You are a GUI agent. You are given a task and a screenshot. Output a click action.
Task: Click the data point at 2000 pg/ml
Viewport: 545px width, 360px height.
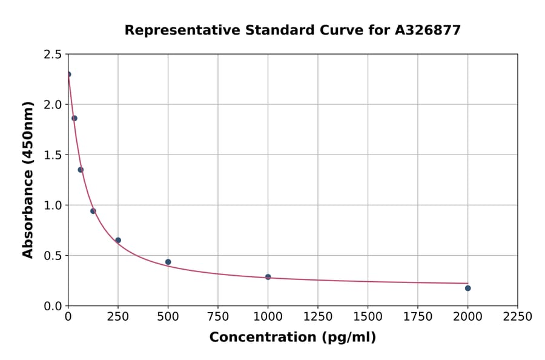tap(468, 288)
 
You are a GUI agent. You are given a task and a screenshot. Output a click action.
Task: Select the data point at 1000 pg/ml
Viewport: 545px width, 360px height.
tap(268, 277)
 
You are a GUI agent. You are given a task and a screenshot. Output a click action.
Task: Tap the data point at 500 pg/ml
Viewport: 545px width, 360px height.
tap(168, 262)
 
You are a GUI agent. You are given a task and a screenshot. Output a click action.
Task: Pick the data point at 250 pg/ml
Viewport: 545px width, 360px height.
tap(118, 240)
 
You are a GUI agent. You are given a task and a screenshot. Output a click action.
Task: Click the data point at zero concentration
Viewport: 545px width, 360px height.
tap(68, 75)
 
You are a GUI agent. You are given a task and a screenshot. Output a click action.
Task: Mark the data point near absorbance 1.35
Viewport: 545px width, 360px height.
tap(81, 170)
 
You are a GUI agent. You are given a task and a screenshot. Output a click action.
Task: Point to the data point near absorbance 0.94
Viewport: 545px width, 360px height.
tap(93, 211)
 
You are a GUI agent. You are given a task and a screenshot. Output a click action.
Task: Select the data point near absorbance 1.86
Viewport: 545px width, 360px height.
tap(74, 118)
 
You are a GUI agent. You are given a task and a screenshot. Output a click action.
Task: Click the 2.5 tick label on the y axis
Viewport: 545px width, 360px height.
tap(52, 55)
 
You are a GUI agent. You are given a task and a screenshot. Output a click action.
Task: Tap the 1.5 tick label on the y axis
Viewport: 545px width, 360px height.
tap(52, 155)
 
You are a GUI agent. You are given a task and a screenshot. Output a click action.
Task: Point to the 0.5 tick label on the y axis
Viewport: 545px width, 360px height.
tap(52, 256)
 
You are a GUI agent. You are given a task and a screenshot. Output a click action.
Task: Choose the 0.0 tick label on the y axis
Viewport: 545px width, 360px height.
tap(52, 306)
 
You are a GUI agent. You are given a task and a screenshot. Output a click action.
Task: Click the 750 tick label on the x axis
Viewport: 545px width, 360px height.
tap(218, 317)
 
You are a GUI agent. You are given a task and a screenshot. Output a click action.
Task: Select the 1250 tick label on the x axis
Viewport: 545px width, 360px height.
tap(318, 317)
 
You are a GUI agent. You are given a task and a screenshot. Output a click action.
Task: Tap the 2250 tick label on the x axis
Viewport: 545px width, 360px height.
tap(518, 317)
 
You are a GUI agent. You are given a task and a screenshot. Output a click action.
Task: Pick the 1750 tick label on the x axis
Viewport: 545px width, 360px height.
tap(418, 317)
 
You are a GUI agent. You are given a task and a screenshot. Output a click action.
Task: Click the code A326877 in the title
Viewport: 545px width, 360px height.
tap(428, 30)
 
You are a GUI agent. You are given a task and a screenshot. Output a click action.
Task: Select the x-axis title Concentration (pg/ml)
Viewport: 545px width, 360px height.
tap(292, 338)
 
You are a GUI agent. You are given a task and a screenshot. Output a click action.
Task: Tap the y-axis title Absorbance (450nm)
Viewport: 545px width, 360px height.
tap(28, 180)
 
